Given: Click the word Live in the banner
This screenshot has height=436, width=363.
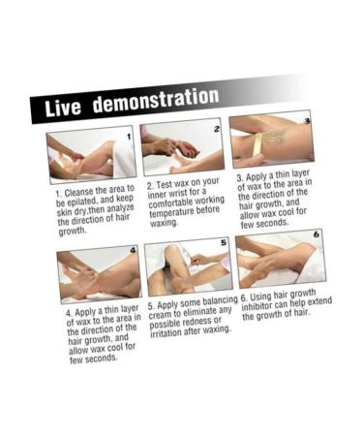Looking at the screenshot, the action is (x=63, y=107).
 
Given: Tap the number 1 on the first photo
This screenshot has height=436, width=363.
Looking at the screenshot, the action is (x=129, y=137).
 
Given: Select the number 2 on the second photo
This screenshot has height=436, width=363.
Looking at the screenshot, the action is (x=217, y=129).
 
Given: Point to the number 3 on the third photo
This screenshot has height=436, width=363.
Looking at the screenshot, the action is (x=307, y=121).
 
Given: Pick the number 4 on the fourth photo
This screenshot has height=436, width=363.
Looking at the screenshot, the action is (x=134, y=250).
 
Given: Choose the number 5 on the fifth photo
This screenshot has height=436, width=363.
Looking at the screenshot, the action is (x=224, y=242).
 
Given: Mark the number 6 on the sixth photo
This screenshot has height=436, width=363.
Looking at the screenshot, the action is (x=317, y=234).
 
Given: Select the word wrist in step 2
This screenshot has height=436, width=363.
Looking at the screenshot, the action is (x=178, y=195).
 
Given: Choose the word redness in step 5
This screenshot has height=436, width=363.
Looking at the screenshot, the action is (x=206, y=322).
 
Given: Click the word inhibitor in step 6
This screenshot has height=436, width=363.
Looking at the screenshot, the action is (x=255, y=307).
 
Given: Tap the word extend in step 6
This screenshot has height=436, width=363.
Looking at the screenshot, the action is (x=319, y=302).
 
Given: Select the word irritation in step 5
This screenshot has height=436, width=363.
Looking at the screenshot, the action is (x=166, y=332).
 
